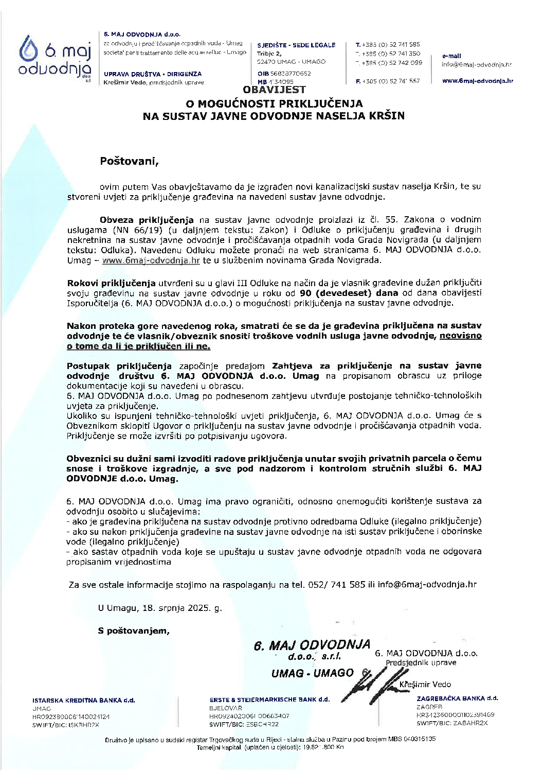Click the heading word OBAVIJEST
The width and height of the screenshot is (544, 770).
(x=273, y=90)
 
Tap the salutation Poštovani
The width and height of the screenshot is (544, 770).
(x=130, y=161)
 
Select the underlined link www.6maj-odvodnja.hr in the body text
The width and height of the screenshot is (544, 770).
(x=151, y=260)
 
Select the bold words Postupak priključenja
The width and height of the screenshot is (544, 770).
(x=119, y=366)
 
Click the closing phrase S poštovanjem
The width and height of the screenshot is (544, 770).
(x=133, y=631)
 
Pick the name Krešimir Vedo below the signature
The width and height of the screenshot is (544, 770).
(x=425, y=685)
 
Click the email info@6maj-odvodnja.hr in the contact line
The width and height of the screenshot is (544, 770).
(x=427, y=585)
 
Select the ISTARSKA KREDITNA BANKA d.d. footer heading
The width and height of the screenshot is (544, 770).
(x=84, y=701)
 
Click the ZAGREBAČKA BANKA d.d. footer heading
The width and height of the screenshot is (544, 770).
(x=457, y=698)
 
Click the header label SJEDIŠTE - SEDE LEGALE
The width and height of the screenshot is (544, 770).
(x=296, y=45)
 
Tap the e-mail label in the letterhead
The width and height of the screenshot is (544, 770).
(x=451, y=56)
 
